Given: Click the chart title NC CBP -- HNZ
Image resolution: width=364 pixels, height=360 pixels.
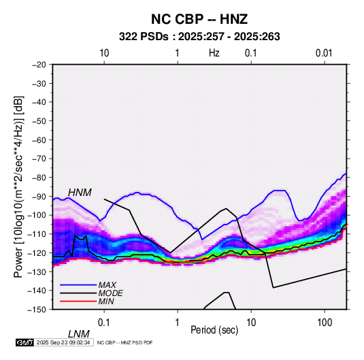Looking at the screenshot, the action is point(199,19).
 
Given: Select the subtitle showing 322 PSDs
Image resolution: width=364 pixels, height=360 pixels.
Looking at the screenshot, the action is point(199,37).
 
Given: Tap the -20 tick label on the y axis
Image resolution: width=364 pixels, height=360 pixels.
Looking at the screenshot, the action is point(39,65).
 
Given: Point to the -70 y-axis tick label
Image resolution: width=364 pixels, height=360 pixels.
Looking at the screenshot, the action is point(39,159).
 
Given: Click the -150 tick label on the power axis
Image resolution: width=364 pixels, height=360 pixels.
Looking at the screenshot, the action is point(37,310).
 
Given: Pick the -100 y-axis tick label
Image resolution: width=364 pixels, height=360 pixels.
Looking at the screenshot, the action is point(37,215).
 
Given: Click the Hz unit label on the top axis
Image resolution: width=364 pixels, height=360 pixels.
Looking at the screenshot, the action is point(214,53).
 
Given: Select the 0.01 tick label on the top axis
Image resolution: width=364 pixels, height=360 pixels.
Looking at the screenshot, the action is point(324,53).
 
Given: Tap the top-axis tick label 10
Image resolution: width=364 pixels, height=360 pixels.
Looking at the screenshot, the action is point(104,53).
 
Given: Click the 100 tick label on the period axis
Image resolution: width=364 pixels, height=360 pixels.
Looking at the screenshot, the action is point(325,323).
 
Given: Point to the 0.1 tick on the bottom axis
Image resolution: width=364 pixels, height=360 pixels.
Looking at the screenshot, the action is point(104,323).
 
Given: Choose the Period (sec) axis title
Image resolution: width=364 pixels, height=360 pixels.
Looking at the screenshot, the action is point(214,330).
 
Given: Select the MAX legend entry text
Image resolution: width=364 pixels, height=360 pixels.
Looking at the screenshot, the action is point(107,285).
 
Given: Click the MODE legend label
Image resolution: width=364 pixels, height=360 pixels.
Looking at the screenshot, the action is point(110,293).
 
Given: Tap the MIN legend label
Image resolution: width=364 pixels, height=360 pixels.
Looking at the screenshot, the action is point(106,301).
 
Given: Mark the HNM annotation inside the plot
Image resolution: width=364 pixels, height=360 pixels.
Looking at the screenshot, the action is point(80,193).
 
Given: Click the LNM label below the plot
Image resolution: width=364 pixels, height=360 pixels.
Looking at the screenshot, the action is point(79,334).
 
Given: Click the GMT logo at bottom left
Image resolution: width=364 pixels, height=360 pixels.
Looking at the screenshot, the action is point(24,342).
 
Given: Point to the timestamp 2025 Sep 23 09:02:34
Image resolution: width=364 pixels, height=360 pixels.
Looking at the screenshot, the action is point(63,342).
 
